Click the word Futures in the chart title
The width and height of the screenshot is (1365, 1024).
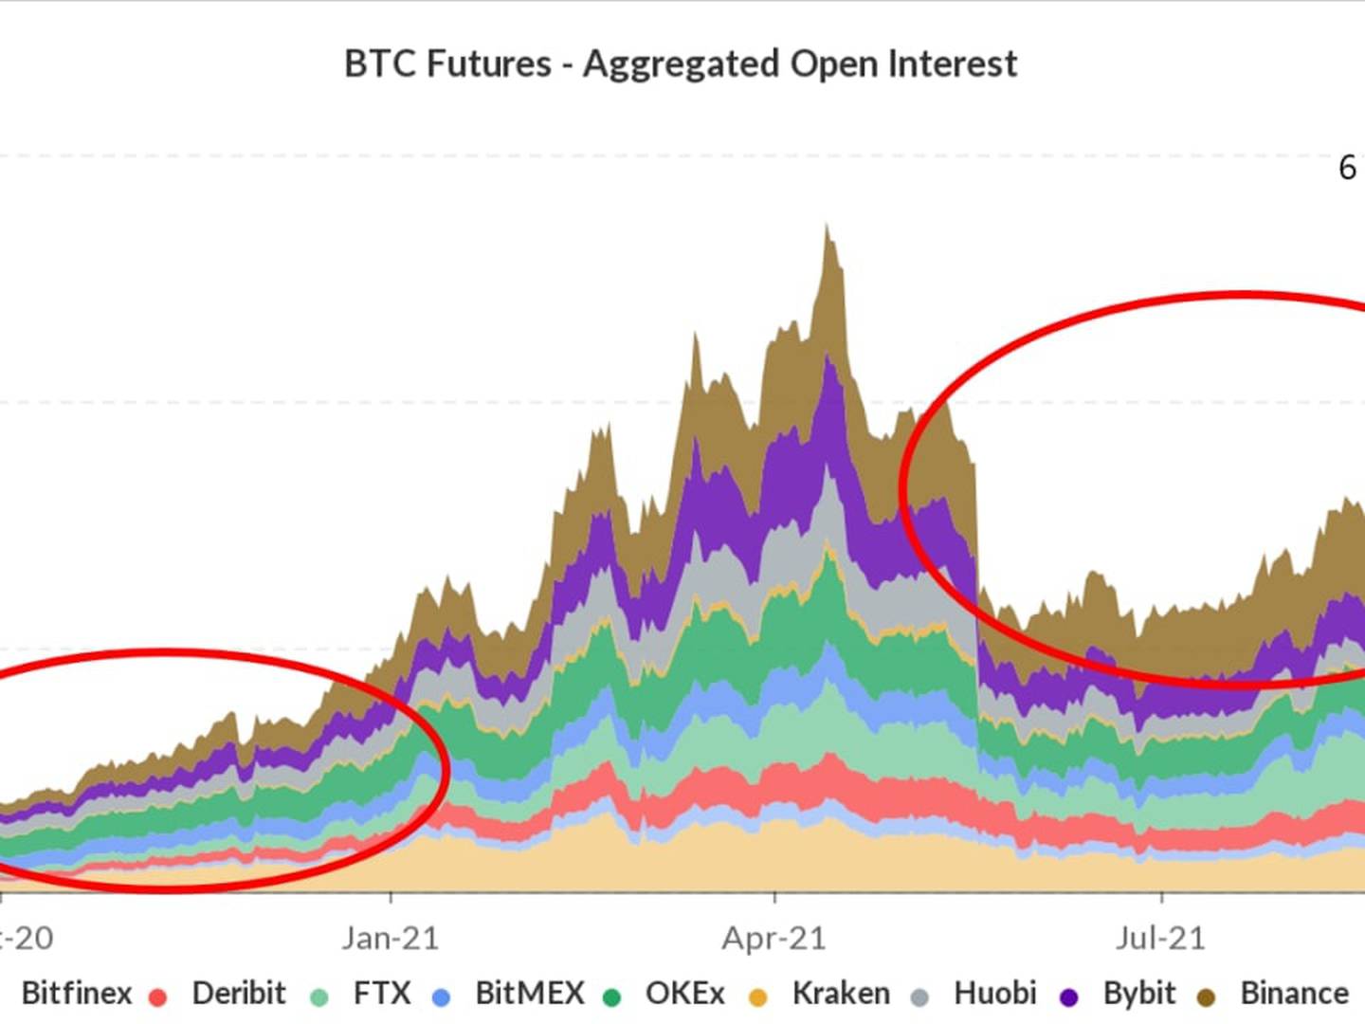coord(489,64)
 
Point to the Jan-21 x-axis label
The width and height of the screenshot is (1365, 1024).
coord(391,939)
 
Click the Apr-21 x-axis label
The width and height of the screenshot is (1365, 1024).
coord(774,939)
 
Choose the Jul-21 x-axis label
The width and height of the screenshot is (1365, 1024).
coord(1160,939)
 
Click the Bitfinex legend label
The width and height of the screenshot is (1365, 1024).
coord(76,994)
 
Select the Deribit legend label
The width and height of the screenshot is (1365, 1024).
coord(239,994)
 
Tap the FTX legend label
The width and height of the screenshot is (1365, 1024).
coord(382,994)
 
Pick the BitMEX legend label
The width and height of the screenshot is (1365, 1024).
coord(530,994)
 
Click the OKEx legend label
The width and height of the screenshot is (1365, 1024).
coord(684,994)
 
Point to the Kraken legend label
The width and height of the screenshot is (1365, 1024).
coord(841,994)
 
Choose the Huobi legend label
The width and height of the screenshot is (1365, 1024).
coord(995,994)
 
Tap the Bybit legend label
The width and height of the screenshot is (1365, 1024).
coord(1139,994)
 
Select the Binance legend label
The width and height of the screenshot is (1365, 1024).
coord(1294,994)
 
